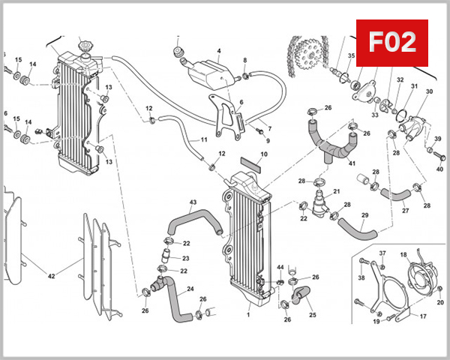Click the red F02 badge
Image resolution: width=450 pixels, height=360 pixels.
tap(395, 43)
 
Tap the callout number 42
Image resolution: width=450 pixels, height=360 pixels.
tap(52, 276)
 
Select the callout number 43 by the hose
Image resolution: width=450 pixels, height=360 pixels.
tap(172, 203)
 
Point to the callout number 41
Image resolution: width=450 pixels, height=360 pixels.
tap(352, 163)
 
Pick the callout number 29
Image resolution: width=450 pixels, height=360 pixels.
tap(364, 216)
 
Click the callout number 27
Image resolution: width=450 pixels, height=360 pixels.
tap(404, 211)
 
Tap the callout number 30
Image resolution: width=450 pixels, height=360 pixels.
tap(429, 91)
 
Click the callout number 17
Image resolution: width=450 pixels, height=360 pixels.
tap(423, 316)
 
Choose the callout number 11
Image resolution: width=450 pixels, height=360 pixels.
tap(203, 140)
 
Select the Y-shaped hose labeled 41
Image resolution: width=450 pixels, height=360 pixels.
tap(331, 139)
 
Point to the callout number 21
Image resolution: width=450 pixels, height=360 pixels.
tap(337, 191)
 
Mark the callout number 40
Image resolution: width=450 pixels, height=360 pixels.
tap(439, 169)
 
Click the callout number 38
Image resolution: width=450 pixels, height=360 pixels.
tap(362, 278)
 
